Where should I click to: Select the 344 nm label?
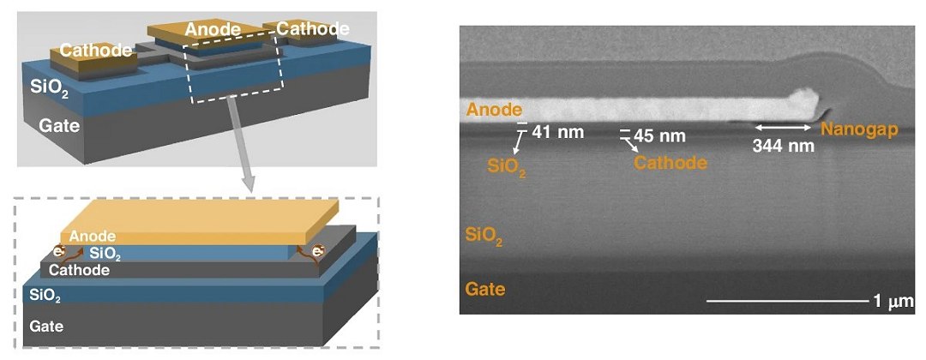[783, 146]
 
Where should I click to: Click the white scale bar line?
[788, 302]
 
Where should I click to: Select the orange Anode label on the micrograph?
[494, 109]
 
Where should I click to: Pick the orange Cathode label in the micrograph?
[670, 162]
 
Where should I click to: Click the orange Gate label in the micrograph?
[485, 290]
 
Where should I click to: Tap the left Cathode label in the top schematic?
[96, 51]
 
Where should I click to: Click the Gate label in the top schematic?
[59, 126]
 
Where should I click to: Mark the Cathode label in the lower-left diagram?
[79, 270]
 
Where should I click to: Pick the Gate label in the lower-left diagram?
[46, 325]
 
